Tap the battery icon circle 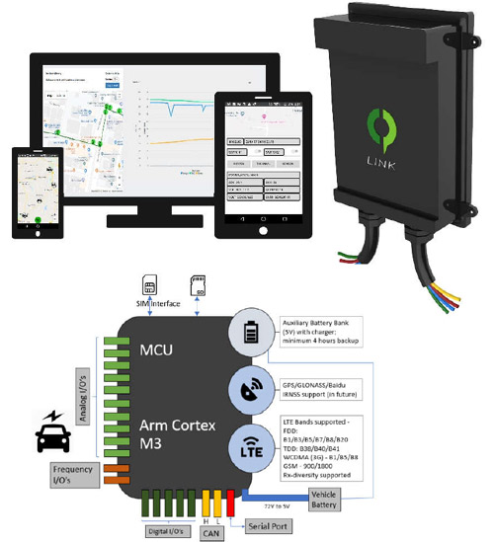pos(250,335)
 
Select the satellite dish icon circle pos(250,389)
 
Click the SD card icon pos(197,287)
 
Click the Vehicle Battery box pos(327,501)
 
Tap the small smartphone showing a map pos(37,192)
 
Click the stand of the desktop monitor pos(157,211)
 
